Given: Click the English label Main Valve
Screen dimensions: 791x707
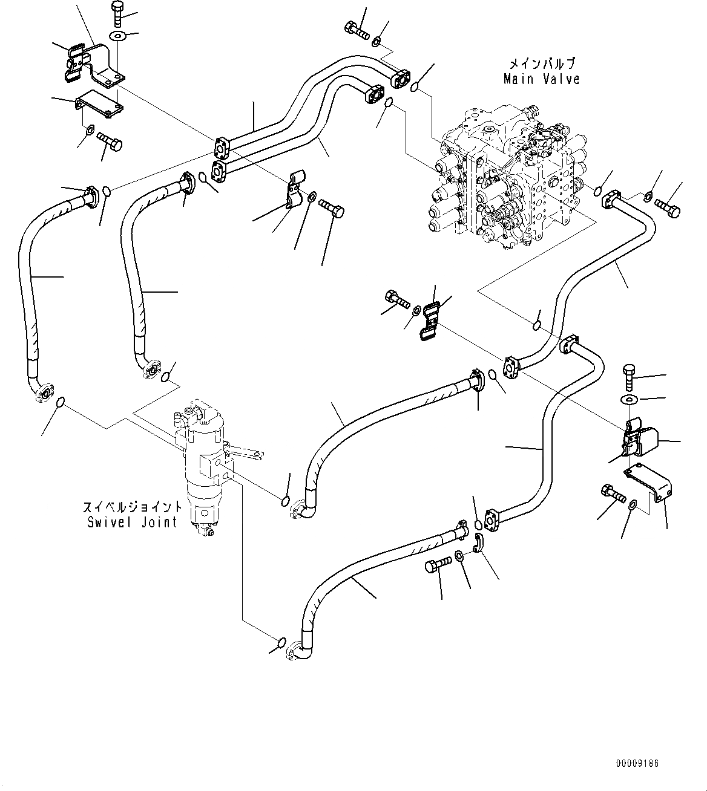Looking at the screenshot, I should tap(541, 79).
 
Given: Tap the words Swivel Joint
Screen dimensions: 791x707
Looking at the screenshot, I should tap(132, 522).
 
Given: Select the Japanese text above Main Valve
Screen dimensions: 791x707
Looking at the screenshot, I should tap(541, 63).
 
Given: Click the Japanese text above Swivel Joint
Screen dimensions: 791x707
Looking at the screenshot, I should tap(133, 507).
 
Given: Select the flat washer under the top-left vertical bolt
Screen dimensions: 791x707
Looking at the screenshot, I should tap(117, 36).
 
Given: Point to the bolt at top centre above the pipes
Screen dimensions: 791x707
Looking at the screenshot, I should tap(356, 30).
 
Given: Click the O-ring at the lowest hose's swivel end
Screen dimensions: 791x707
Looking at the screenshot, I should tap(282, 642).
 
